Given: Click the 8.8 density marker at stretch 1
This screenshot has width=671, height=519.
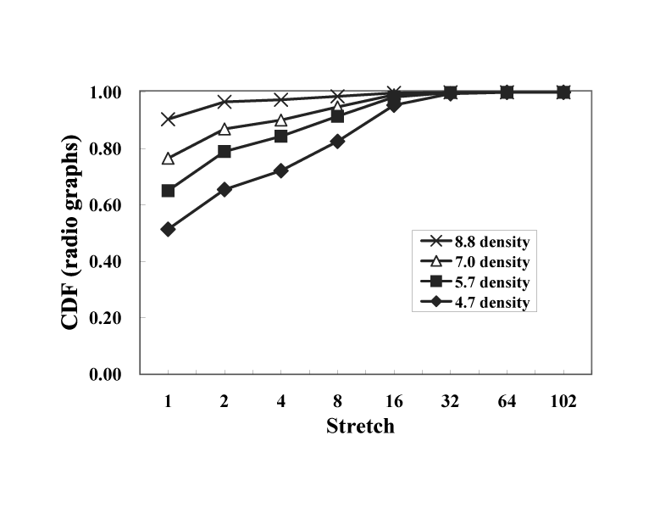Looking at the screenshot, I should [168, 119].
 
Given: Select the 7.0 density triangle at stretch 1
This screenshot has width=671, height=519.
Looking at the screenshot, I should [168, 159].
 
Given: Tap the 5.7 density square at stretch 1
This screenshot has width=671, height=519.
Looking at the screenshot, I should [168, 191].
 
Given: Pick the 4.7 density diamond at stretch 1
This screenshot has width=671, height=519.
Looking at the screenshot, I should [168, 230].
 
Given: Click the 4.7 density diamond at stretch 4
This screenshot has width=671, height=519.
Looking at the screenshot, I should [280, 170].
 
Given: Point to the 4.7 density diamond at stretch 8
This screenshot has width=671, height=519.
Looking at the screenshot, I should [337, 142].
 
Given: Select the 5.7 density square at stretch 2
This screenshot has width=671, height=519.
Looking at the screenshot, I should [225, 151].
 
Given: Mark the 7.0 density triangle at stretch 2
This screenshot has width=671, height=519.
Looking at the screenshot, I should [225, 129].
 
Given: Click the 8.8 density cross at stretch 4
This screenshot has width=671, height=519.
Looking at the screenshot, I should [280, 100].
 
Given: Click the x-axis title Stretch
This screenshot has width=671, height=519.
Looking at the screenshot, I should [360, 426].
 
